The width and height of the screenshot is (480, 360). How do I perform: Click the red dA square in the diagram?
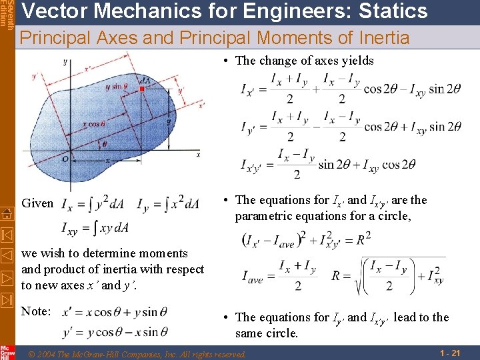[142, 89]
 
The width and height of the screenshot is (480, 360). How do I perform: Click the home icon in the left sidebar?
[7, 213]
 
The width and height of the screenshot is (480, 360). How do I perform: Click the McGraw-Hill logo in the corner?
[7, 352]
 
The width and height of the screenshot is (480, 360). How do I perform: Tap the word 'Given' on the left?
[37, 203]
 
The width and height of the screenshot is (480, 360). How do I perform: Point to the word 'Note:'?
[37, 311]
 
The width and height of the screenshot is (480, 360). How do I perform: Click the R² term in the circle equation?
[363, 238]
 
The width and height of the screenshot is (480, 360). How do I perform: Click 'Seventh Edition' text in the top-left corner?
[5, 13]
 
